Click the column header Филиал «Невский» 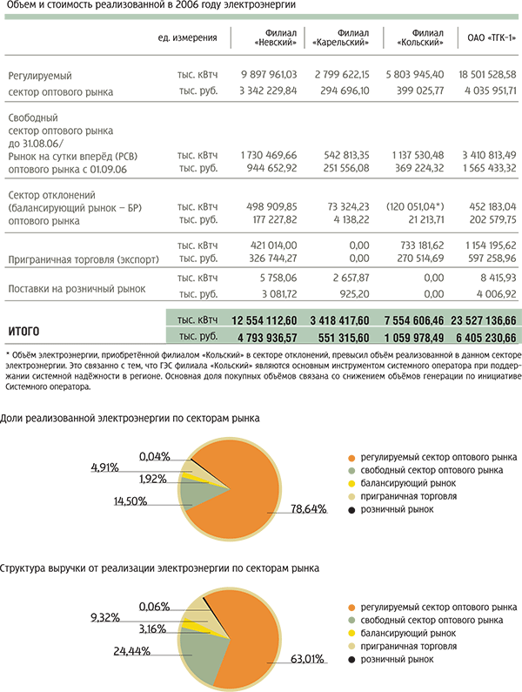[275, 38]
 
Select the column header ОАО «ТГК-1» [492, 38]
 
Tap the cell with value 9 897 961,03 [269, 75]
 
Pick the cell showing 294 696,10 [345, 91]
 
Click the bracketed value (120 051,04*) [415, 206]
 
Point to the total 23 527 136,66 [483, 320]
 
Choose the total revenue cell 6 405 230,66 [485, 338]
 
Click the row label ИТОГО [23, 331]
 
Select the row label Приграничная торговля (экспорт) [84, 259]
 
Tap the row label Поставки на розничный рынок [77, 289]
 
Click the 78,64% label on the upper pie [309, 509]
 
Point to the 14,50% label [130, 501]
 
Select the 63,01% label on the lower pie [307, 659]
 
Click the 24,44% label [132, 651]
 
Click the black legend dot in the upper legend [351, 510]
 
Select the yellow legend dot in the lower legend [351, 634]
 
